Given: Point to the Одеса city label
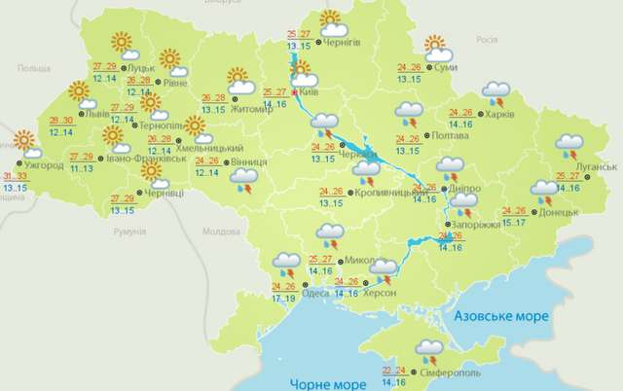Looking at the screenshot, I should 315,294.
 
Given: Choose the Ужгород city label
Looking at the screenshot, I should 43,166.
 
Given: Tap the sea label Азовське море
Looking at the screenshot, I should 502,317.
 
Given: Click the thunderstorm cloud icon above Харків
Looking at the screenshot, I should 497,92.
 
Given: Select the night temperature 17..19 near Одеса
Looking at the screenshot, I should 286,298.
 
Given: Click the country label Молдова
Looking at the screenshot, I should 219,232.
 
